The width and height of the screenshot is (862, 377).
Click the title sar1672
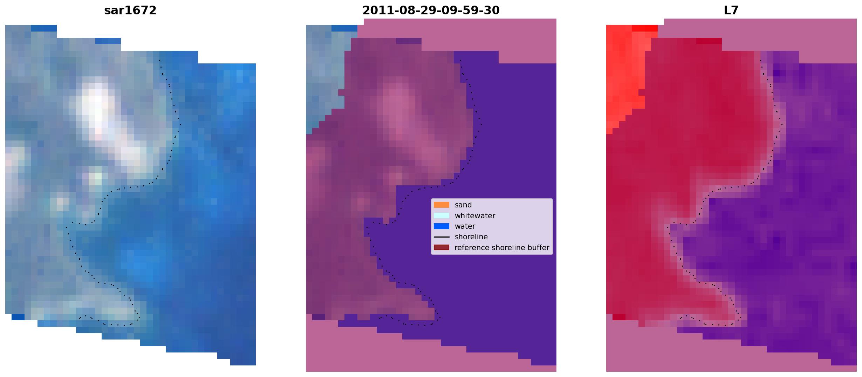[x=130, y=11]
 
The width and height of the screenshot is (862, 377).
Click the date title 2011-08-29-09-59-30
[x=431, y=11]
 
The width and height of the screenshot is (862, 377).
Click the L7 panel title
[x=731, y=11]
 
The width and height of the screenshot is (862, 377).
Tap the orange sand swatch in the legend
[x=442, y=205]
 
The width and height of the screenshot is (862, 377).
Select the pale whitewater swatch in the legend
[x=442, y=215]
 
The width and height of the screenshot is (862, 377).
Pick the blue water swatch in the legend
[x=442, y=226]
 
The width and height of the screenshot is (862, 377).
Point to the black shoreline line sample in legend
[x=442, y=237]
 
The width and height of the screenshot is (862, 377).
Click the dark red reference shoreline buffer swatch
[x=442, y=248]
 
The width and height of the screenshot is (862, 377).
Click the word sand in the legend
[x=463, y=205]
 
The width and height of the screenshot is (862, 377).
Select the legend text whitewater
[x=475, y=216]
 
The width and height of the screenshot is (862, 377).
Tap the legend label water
[x=465, y=226]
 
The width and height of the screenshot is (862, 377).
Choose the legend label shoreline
[x=471, y=237]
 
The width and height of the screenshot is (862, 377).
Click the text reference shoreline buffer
[x=502, y=248]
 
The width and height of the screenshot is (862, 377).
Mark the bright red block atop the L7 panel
[x=645, y=28]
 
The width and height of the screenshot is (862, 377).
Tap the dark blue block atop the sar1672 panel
[x=44, y=28]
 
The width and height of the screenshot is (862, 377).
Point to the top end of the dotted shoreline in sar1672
[x=159, y=60]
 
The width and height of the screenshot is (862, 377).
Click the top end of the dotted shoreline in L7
[x=760, y=60]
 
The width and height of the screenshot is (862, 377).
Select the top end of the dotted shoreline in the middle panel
[x=460, y=60]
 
